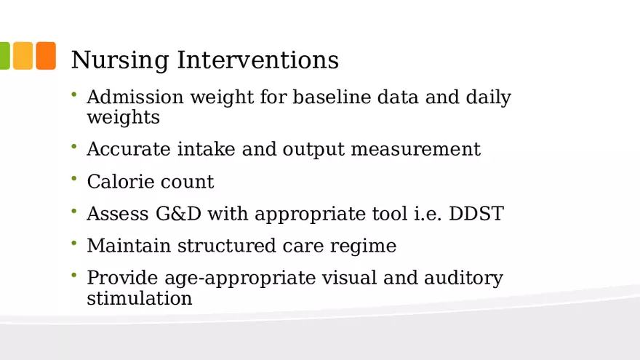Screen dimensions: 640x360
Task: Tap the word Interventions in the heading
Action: (257, 60)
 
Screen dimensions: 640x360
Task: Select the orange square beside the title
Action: (46, 55)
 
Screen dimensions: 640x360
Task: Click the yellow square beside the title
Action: (23, 55)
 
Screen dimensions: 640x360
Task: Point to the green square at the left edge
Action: (4, 55)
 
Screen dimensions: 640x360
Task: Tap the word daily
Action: (488, 98)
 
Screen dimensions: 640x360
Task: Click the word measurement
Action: (415, 149)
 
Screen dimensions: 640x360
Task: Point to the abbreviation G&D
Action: (178, 214)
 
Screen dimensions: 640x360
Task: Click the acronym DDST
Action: (476, 214)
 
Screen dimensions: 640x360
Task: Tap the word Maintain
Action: (129, 246)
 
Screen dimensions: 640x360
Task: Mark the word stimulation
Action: (139, 298)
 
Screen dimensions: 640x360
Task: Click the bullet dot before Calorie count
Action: (74, 178)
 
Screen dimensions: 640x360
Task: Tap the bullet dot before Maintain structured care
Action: (74, 243)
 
